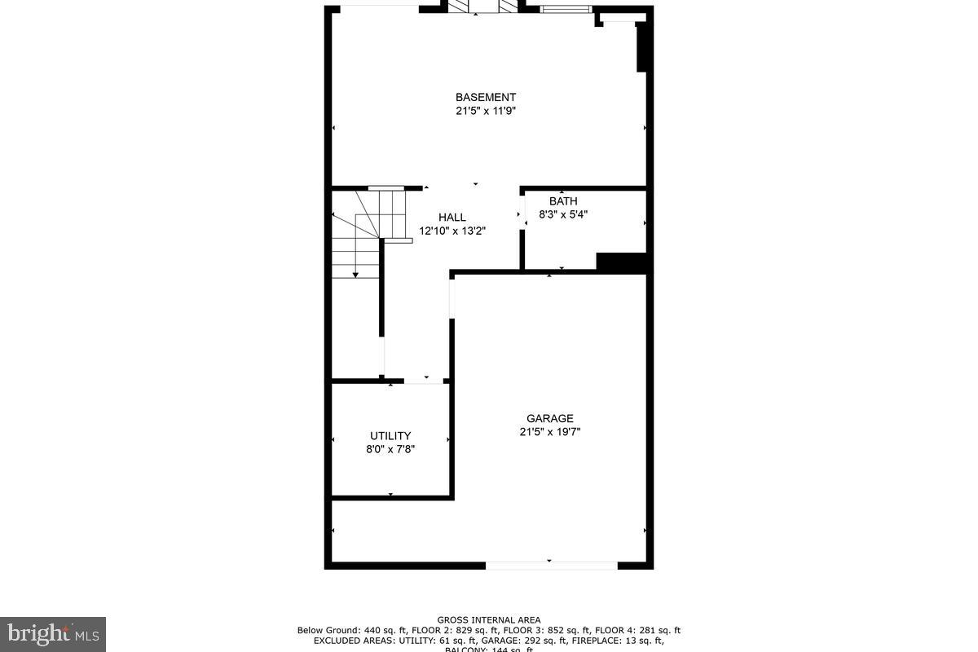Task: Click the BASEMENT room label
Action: click(x=485, y=97)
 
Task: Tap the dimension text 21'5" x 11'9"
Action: click(x=485, y=112)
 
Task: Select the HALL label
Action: click(x=452, y=217)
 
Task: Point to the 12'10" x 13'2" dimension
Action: click(x=452, y=231)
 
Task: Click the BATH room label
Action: click(x=563, y=201)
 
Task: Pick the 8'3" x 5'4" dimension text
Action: click(x=563, y=214)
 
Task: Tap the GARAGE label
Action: click(x=550, y=419)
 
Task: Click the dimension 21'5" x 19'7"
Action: click(x=550, y=433)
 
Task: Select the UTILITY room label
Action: click(x=390, y=435)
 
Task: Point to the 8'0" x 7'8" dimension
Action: click(x=390, y=449)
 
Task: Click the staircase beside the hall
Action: click(x=359, y=236)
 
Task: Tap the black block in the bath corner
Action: click(x=621, y=262)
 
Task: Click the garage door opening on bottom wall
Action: click(x=552, y=564)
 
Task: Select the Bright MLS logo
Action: click(x=53, y=633)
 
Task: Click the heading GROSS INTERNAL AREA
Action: click(x=488, y=620)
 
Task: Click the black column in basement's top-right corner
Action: click(x=641, y=47)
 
